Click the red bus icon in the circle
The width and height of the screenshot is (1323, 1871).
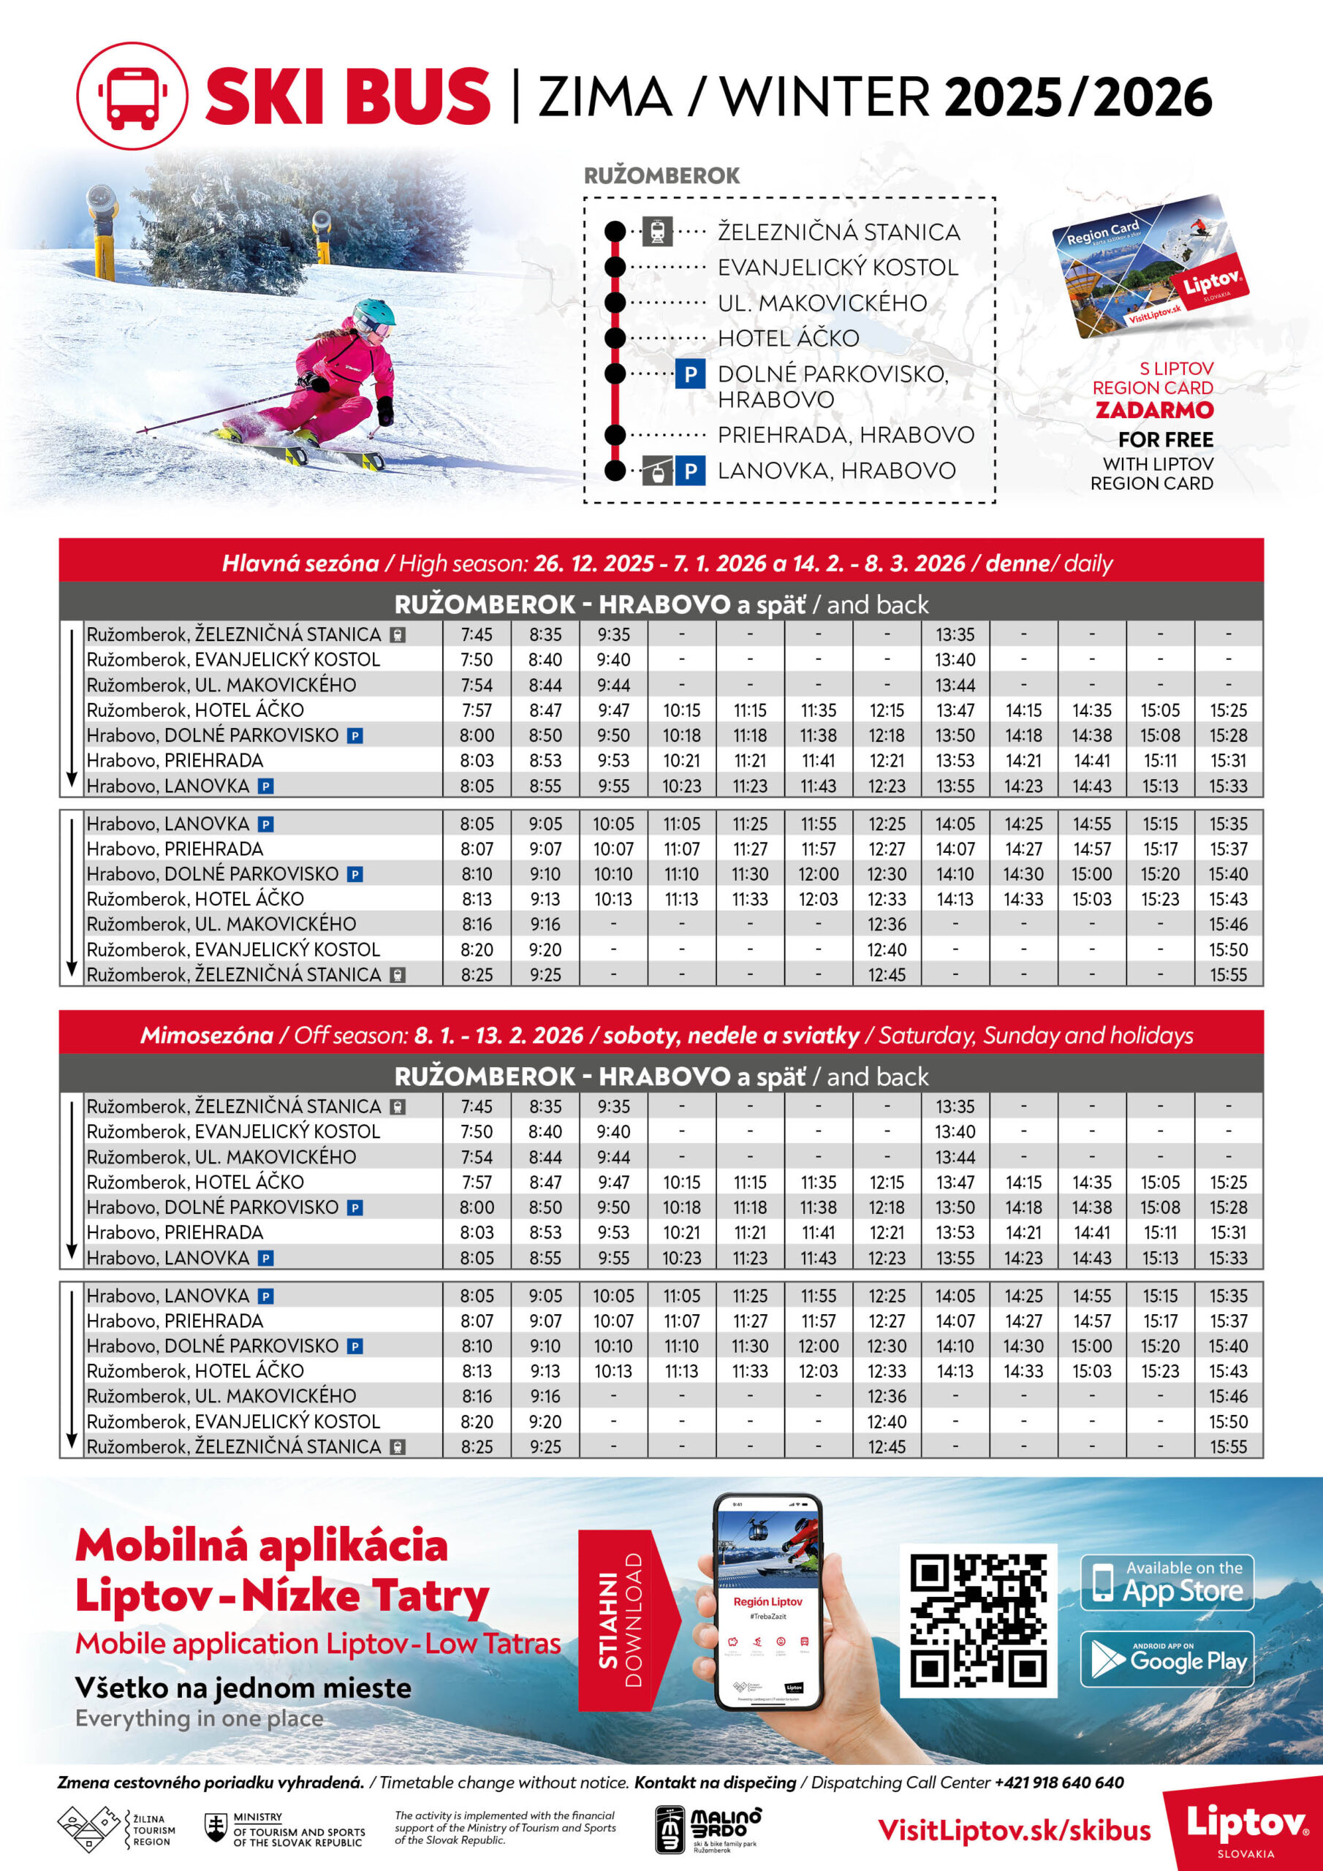point(132,96)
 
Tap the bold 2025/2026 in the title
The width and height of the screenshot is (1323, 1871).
point(1077,98)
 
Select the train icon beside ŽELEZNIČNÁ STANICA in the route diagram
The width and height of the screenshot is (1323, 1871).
point(657,232)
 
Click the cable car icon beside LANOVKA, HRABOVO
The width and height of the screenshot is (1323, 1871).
point(657,471)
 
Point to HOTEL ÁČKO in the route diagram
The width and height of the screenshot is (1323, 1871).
point(787,338)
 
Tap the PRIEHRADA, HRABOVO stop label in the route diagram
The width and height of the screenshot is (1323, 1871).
point(845,435)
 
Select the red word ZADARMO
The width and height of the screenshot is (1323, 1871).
point(1154,410)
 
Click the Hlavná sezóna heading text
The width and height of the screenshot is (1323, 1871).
point(300,563)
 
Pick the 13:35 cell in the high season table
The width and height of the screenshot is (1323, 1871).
point(955,634)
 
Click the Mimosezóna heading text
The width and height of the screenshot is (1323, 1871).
point(206,1035)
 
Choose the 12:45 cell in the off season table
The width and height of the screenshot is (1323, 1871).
point(886,1446)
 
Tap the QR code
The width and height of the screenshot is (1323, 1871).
point(978,1620)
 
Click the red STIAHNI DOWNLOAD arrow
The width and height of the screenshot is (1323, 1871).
point(626,1620)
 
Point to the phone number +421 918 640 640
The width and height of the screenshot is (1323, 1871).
point(1059,1782)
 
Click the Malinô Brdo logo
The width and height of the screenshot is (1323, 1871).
point(708,1829)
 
